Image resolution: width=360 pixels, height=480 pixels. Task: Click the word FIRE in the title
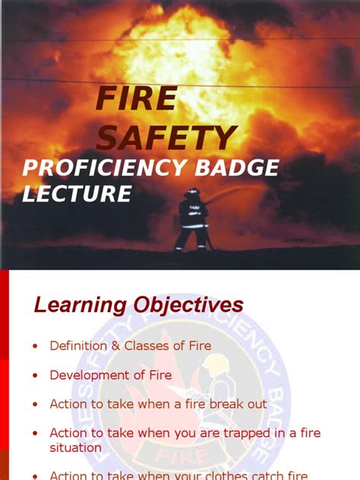136,99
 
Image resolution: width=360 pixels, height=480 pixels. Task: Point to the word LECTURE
77,194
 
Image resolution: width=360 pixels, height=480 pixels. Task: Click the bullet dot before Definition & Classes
35,346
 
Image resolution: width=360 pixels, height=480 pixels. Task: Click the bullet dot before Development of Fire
35,375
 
